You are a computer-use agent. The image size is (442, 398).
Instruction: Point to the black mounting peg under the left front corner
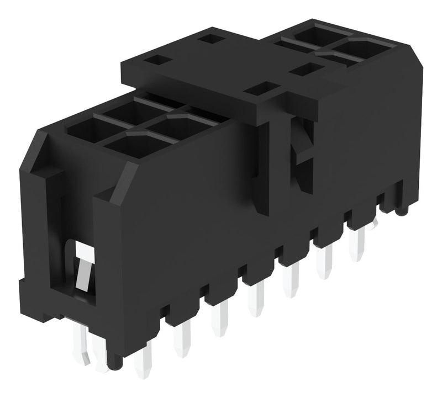115,362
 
